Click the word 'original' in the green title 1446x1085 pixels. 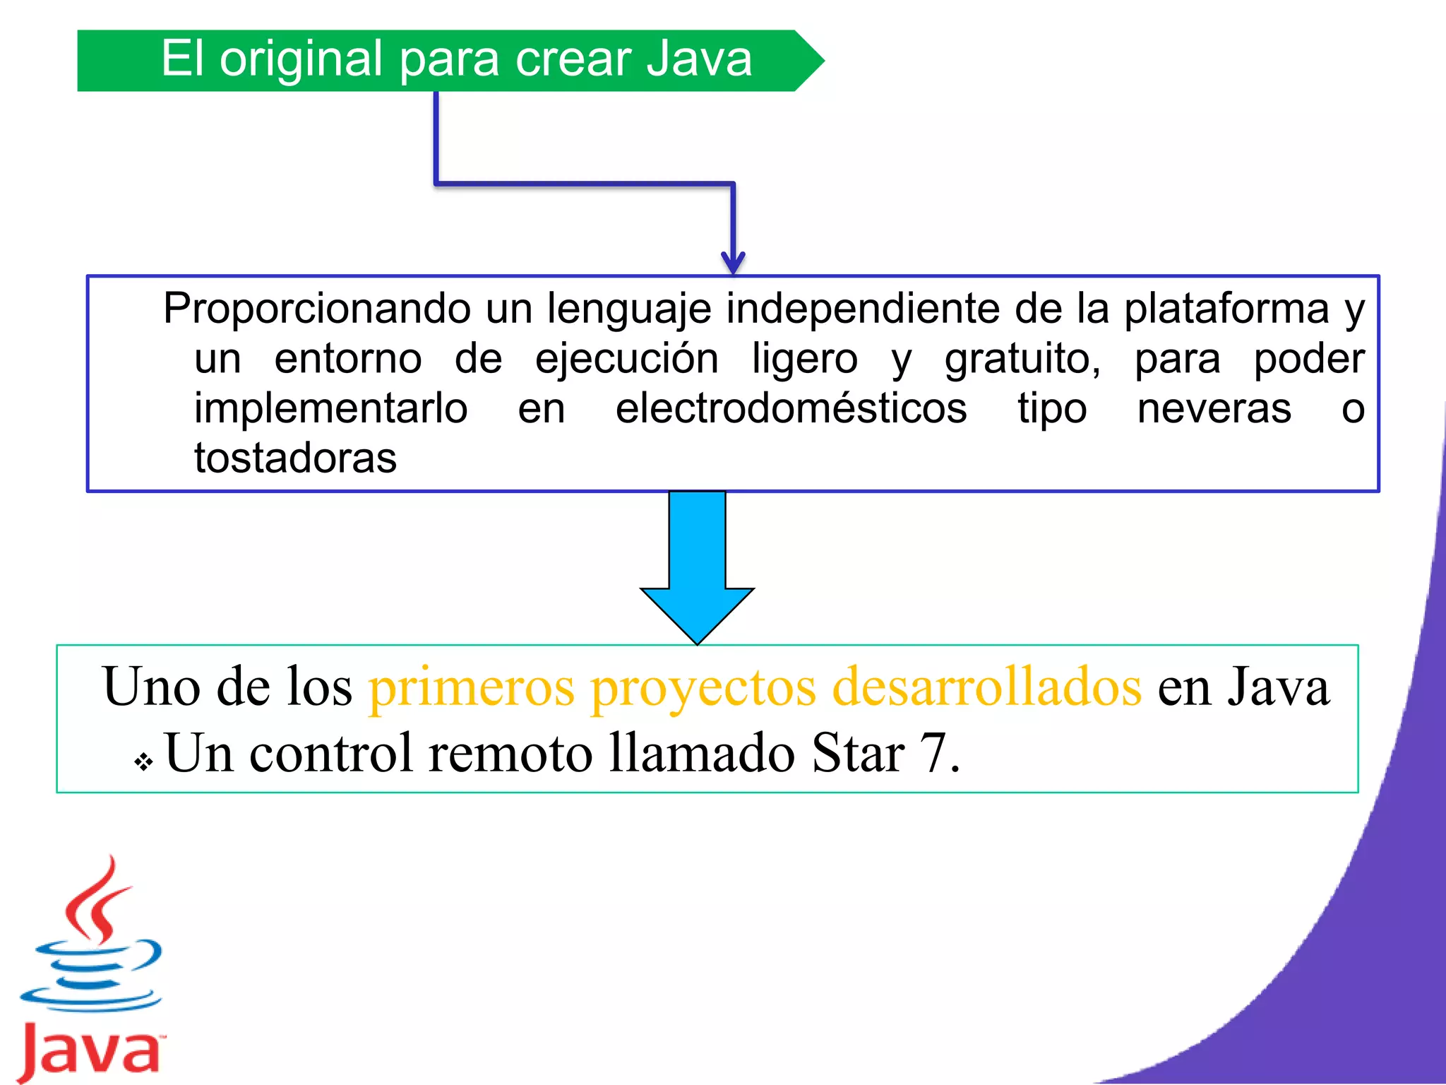point(301,60)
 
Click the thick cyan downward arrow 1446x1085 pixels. point(697,565)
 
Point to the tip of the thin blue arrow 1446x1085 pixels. point(734,271)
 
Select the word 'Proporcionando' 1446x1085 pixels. point(317,309)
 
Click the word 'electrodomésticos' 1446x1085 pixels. point(791,408)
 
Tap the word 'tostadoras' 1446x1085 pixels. point(295,458)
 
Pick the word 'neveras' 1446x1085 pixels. point(1214,408)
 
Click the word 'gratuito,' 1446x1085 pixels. point(1022,359)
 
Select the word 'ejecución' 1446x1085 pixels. point(627,359)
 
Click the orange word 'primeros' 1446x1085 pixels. point(472,687)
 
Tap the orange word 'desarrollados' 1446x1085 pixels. point(986,687)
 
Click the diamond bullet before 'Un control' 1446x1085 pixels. point(144,761)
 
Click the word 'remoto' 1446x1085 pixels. point(510,753)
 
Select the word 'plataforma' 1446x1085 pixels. point(1226,309)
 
